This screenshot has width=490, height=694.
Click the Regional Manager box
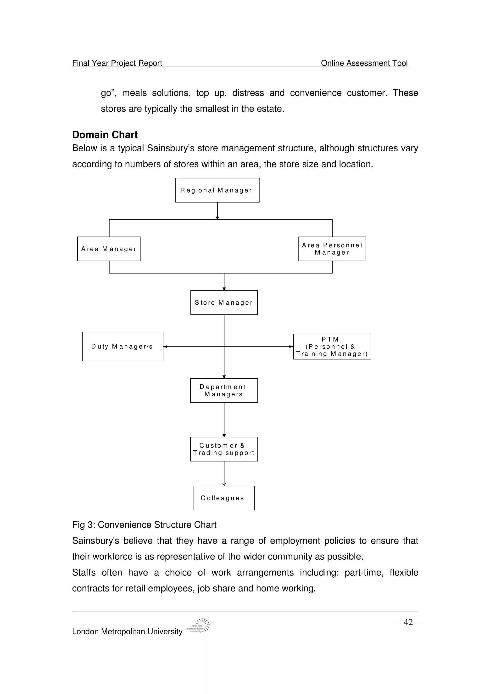(217, 190)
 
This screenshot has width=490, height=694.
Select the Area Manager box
(109, 249)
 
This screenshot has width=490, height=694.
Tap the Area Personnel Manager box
(332, 249)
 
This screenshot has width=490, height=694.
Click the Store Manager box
(224, 302)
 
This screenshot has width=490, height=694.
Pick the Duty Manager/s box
(122, 346)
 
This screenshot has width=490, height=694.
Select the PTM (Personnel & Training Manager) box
(332, 346)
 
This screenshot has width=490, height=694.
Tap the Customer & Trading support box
(224, 449)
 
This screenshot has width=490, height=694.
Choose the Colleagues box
(224, 498)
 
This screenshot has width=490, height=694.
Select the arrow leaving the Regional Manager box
(217, 211)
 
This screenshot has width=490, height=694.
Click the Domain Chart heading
(105, 135)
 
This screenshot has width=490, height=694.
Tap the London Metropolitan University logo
(198, 625)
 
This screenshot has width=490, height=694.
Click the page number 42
(408, 622)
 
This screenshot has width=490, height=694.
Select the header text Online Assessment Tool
(364, 63)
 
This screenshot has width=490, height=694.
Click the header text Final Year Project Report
(117, 63)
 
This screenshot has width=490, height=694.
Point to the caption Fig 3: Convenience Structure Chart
(144, 524)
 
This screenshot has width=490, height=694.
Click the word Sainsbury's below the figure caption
(95, 540)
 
